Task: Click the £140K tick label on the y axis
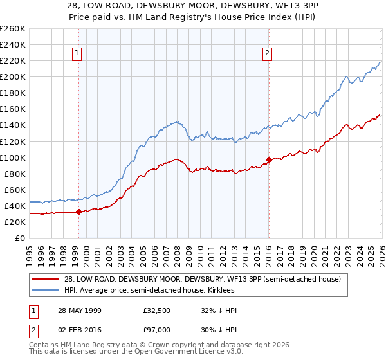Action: tap(12, 125)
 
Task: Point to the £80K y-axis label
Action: tap(14, 174)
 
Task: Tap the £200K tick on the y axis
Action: tap(12, 76)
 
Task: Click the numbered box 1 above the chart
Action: tap(77, 54)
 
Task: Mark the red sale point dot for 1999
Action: tap(78, 212)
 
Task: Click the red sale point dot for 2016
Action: tap(269, 159)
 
